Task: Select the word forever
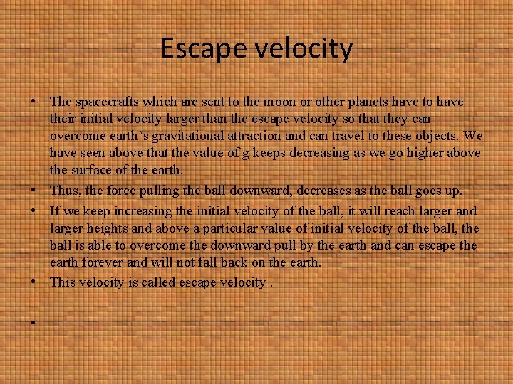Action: pos(105,263)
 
